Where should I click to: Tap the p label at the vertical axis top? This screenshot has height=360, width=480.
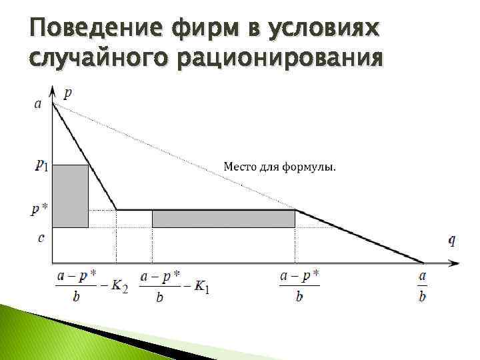point(68,93)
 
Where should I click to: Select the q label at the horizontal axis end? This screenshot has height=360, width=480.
point(451,241)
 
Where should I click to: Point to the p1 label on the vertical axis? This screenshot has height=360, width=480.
point(41,165)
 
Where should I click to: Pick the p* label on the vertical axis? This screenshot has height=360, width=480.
point(39,209)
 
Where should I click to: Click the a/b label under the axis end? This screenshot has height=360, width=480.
point(422,287)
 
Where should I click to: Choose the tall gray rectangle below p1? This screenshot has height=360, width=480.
point(70,195)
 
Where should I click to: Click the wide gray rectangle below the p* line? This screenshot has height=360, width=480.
point(223,219)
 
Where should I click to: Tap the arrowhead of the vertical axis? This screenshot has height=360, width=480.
point(53,89)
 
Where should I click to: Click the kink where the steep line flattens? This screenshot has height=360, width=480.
point(117,210)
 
